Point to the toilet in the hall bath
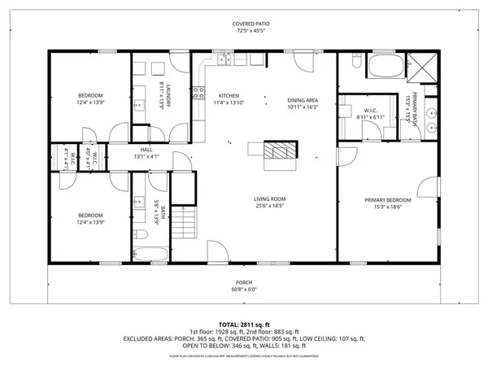pyautogui.click(x=141, y=235)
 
